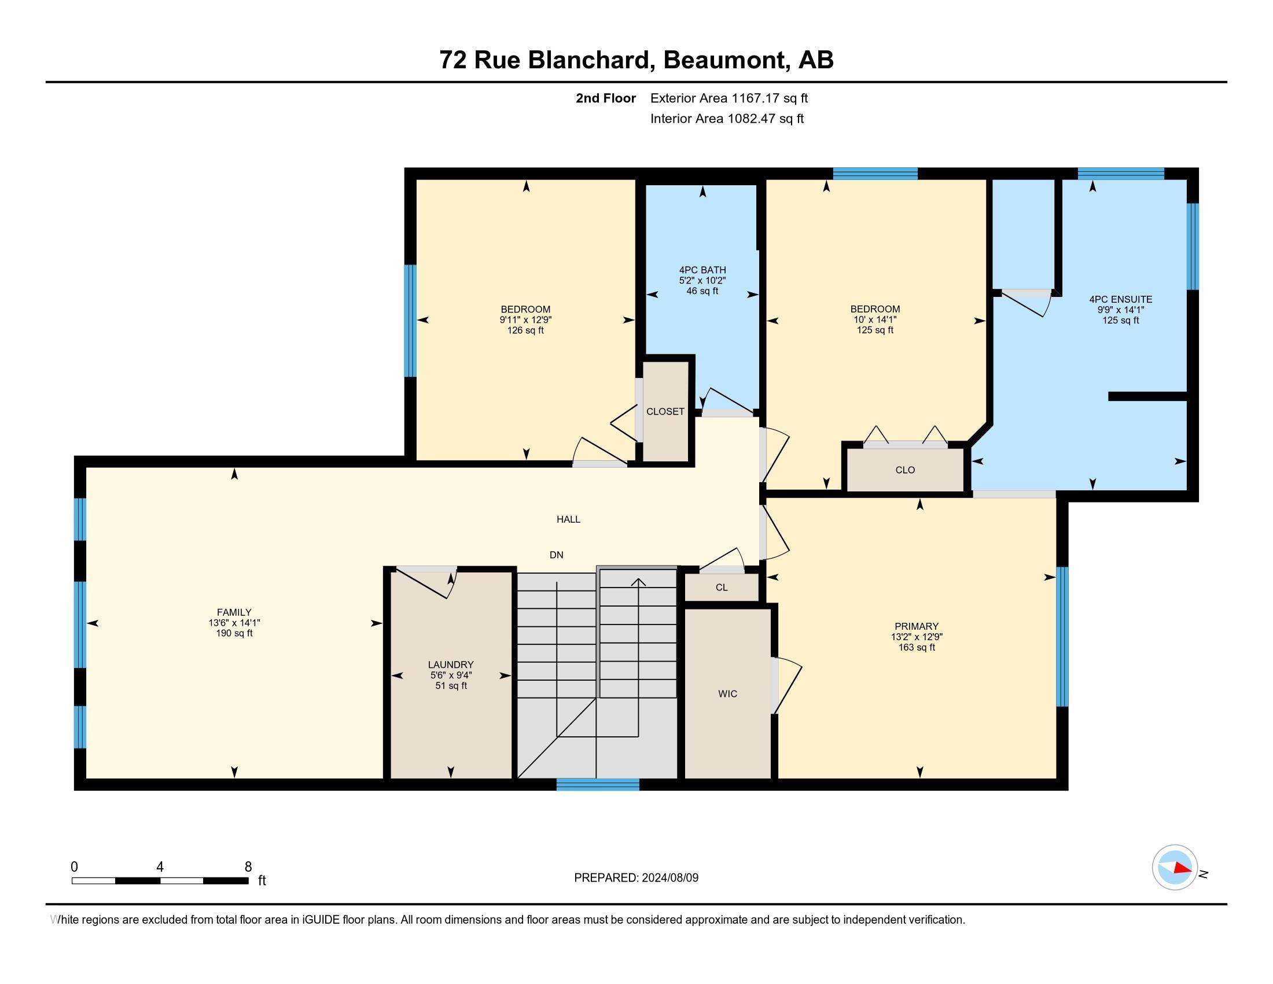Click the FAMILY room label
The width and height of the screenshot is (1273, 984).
pos(234,612)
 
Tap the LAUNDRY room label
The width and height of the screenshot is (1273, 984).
pos(451,664)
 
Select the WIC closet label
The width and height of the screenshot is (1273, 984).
pos(727,693)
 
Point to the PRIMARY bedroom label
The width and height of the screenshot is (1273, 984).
pos(917,627)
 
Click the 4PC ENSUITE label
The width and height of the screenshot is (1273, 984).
pos(1120,300)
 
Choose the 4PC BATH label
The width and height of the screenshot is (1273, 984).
pos(702,270)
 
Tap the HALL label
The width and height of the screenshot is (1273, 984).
pos(568,519)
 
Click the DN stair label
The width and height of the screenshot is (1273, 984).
pos(557,555)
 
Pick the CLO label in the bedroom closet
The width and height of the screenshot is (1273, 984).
pos(905,470)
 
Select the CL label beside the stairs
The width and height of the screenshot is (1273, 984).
pos(722,588)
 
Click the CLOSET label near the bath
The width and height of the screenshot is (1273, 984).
pos(665,412)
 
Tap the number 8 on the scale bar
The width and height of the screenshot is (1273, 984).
pos(248,867)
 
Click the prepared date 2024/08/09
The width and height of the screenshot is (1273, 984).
pos(669,877)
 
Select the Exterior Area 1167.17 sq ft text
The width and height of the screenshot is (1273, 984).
pos(729,98)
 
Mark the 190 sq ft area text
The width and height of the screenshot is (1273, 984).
pos(234,633)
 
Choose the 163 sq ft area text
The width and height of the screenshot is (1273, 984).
pos(917,648)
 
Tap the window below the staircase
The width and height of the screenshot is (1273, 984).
pos(598,785)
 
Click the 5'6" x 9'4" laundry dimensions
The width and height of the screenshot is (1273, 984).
pos(451,675)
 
